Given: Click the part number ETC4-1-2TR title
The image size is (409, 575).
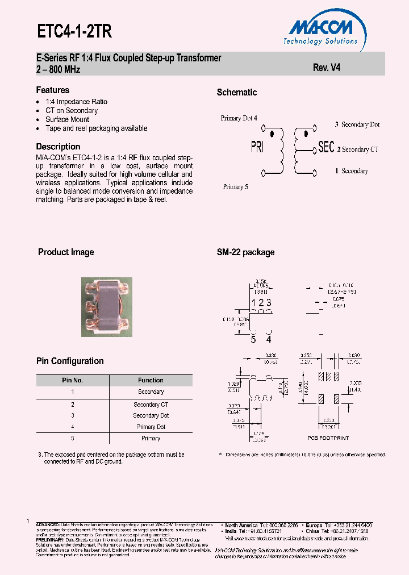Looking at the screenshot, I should pyautogui.click(x=74, y=32).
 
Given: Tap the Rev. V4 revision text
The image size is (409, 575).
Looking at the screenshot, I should pyautogui.click(x=327, y=67).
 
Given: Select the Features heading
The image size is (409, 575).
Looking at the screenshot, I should pyautogui.click(x=53, y=90).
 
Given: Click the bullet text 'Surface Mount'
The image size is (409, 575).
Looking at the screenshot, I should pyautogui.click(x=67, y=119).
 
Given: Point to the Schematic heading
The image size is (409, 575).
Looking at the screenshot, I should pyautogui.click(x=237, y=93).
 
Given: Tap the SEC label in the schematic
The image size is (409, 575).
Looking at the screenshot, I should pyautogui.click(x=326, y=147).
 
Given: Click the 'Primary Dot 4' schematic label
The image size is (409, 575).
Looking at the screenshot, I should pyautogui.click(x=239, y=118).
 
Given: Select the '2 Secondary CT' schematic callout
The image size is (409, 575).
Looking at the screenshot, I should pyautogui.click(x=358, y=149).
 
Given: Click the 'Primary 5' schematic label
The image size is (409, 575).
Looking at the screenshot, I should pyautogui.click(x=235, y=187).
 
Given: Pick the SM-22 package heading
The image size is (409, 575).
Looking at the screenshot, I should pyautogui.click(x=245, y=252).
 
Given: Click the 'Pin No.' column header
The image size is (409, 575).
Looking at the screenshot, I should pyautogui.click(x=73, y=380).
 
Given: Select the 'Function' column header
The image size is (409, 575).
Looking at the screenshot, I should pyautogui.click(x=151, y=380).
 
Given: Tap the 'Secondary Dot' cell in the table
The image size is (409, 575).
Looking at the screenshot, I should pyautogui.click(x=151, y=415).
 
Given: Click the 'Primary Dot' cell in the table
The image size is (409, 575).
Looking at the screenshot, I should pyautogui.click(x=151, y=427).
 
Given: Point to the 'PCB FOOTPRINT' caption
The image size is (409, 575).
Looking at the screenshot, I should pyautogui.click(x=328, y=438).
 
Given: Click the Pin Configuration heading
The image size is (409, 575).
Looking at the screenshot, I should pyautogui.click(x=70, y=361).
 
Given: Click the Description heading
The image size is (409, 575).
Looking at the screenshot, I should pyautogui.click(x=58, y=147).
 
